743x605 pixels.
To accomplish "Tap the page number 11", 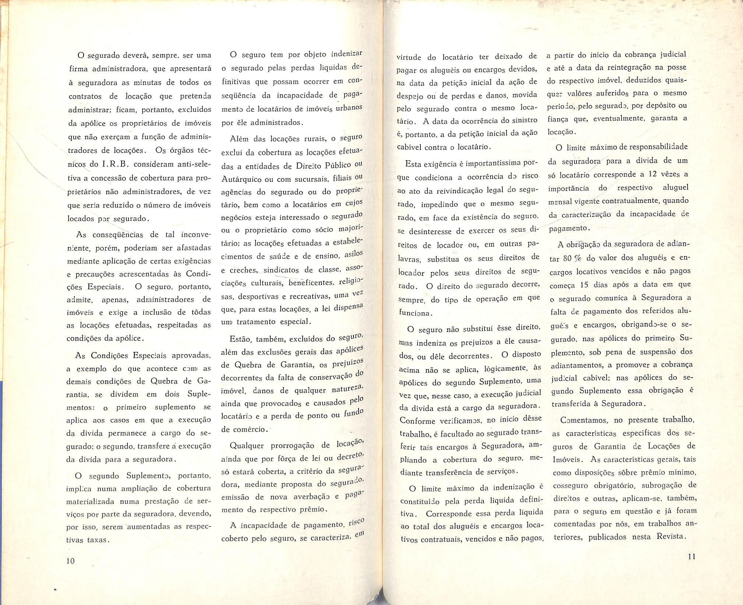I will [x=692, y=556].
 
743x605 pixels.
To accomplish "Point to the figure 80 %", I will [x=572, y=258].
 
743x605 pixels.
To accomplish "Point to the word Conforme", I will [x=418, y=420].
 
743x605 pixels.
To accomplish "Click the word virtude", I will [x=409, y=57].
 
